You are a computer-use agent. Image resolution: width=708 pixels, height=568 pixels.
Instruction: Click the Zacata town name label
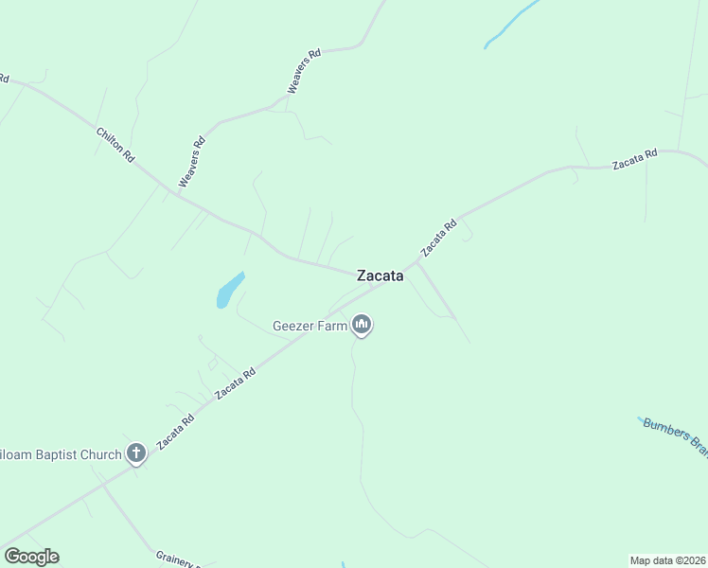click(x=380, y=276)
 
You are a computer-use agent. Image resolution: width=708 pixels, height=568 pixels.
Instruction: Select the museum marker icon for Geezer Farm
click(x=361, y=325)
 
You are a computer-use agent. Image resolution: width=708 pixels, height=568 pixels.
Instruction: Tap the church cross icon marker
click(x=135, y=453)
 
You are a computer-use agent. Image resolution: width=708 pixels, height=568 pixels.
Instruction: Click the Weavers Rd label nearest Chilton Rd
click(x=191, y=162)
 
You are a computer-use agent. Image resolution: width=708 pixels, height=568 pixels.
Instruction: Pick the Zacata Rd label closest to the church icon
click(x=176, y=431)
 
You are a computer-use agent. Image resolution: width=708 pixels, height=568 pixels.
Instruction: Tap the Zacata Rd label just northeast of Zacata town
click(x=439, y=238)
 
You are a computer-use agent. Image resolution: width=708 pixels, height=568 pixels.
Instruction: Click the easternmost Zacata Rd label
click(x=634, y=160)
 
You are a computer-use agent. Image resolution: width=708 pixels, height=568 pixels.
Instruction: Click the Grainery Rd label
click(x=178, y=561)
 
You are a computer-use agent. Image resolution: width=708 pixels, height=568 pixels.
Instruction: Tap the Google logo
click(x=31, y=557)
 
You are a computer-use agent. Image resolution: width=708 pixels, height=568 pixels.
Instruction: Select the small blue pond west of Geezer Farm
click(x=230, y=290)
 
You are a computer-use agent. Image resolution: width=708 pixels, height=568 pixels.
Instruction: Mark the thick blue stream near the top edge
click(x=512, y=25)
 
